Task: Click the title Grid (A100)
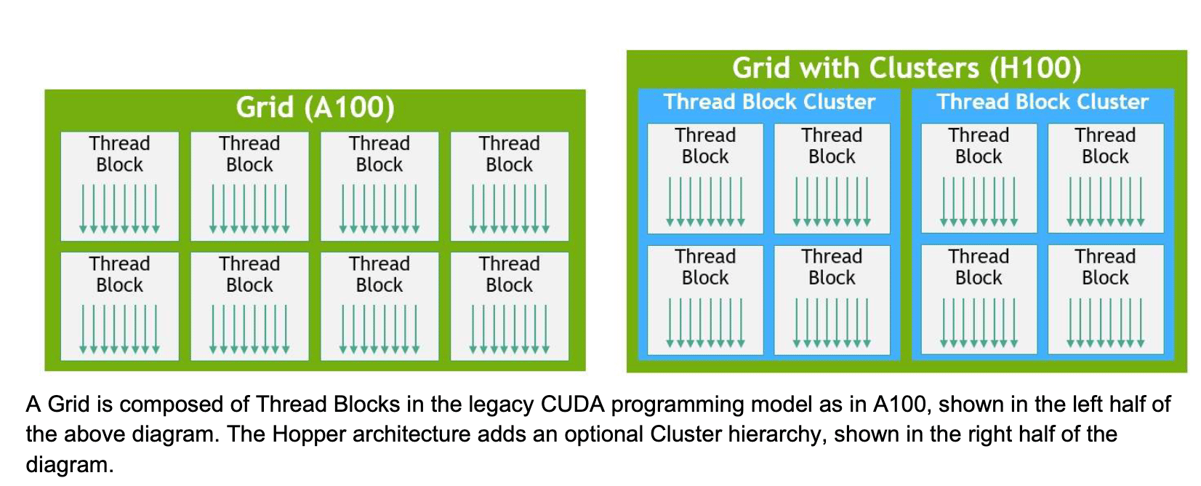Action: click(x=316, y=107)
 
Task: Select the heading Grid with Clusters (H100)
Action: click(x=907, y=68)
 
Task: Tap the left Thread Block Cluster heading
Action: click(x=769, y=101)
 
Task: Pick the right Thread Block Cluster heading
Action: click(x=1043, y=101)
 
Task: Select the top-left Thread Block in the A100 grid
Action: click(x=119, y=186)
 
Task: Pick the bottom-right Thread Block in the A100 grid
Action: click(x=510, y=306)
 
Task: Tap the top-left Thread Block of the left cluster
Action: click(x=705, y=179)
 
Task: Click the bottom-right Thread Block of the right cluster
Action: click(x=1106, y=299)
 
